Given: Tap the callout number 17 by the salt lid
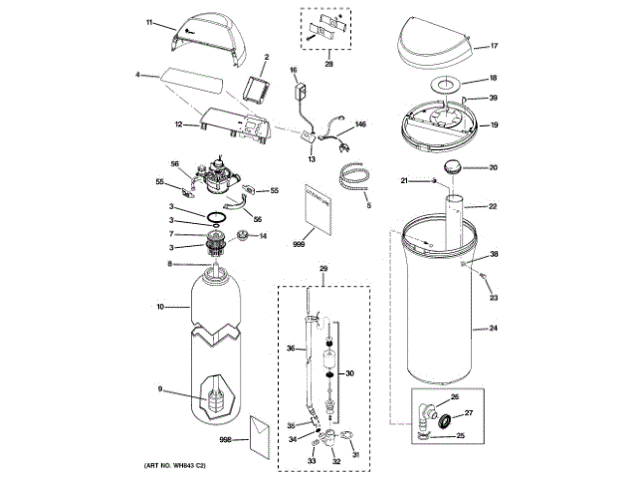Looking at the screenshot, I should point(493,46).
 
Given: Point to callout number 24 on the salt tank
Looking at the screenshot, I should point(493,327).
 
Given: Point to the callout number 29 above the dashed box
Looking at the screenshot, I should point(322,270).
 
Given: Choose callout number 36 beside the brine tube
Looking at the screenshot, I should point(292,348).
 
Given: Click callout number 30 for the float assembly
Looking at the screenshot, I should point(349,373).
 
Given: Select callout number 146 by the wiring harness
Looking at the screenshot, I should point(361,124).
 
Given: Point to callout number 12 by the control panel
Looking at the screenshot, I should point(179,124).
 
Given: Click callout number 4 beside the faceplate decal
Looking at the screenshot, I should point(140,73).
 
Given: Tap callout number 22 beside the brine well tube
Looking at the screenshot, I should point(493,206).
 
